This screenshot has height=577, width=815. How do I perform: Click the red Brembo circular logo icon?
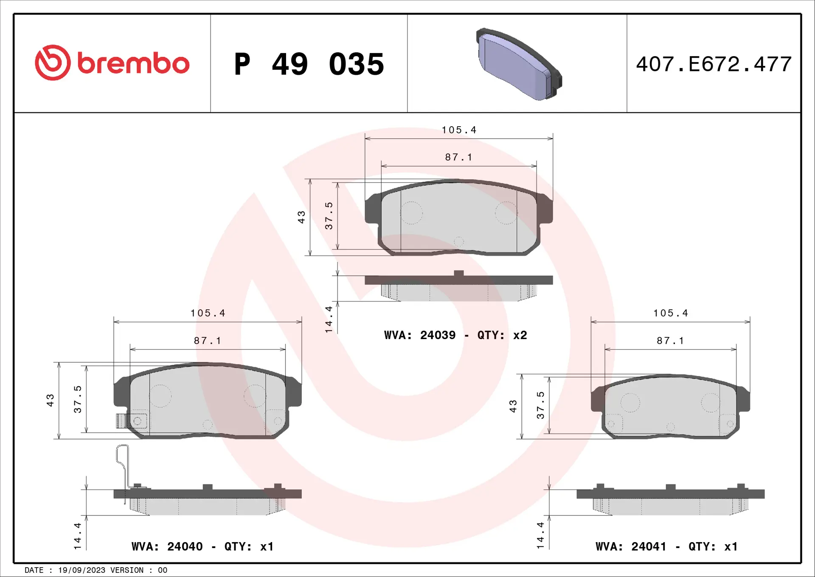click(x=53, y=63)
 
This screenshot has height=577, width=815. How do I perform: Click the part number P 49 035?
click(x=309, y=64)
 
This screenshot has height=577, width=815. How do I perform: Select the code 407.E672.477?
click(x=714, y=64)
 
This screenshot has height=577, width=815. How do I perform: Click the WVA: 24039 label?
click(x=419, y=335)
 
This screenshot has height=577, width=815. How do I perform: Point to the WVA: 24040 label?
click(x=167, y=546)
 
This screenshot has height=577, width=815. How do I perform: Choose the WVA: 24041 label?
click(x=631, y=546)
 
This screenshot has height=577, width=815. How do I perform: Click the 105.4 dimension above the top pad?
click(x=459, y=130)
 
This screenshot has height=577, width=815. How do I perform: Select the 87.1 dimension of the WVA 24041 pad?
click(x=670, y=341)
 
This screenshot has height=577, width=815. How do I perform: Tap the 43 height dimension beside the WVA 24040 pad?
click(x=50, y=400)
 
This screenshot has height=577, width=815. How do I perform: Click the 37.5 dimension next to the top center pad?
click(x=329, y=216)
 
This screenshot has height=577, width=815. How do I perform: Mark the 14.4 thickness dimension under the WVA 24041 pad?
click(x=540, y=535)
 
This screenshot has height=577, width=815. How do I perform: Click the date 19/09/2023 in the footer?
click(x=81, y=570)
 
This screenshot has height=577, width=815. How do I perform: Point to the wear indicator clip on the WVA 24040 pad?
click(x=131, y=421)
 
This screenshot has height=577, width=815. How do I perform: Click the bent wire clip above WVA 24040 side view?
click(x=123, y=467)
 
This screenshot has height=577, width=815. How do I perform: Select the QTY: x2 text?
click(x=502, y=335)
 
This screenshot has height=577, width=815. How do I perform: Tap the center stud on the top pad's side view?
click(x=458, y=273)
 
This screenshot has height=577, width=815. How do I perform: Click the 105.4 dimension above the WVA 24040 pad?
click(x=208, y=313)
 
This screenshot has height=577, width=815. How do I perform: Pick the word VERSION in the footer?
click(x=126, y=570)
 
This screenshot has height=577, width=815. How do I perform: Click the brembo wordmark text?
click(x=133, y=64)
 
